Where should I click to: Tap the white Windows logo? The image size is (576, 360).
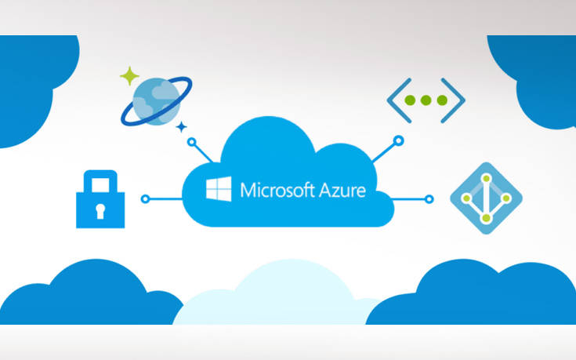coord(219,189)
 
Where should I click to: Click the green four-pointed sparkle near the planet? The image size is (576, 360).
coord(129,76)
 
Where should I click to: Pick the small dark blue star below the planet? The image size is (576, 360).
coord(182,125)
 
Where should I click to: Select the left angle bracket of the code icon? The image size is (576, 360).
coord(397,100)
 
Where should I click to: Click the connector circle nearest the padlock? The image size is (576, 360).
coord(144,199)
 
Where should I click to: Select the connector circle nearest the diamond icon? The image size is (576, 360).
coord(428,199)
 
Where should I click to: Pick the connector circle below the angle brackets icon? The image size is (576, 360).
coord(397,142)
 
